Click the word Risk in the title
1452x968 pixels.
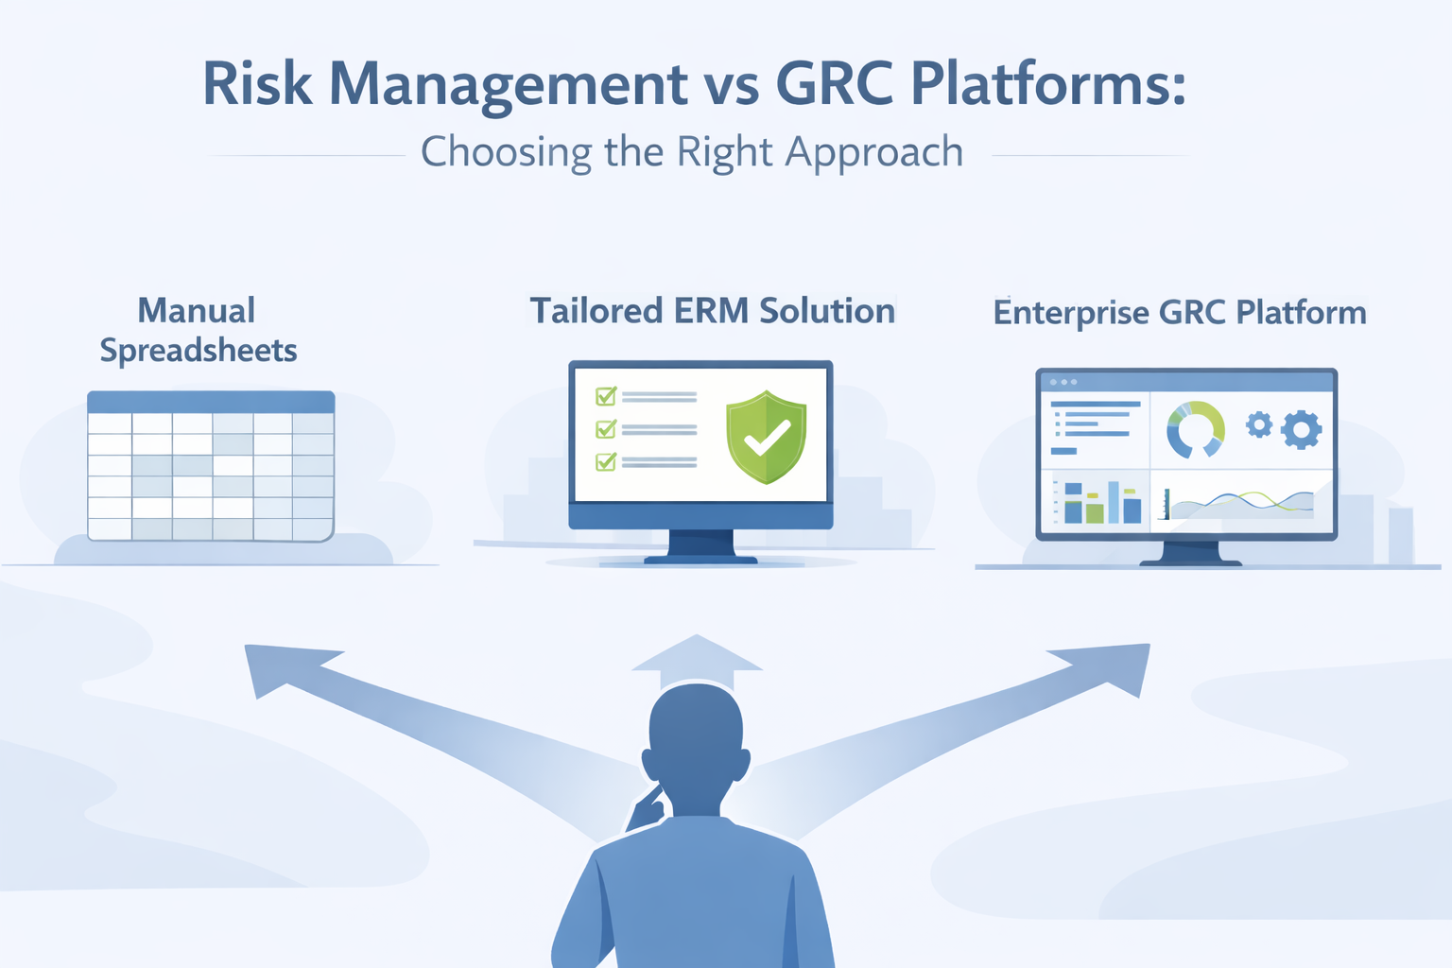pyautogui.click(x=257, y=84)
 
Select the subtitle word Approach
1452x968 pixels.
pyautogui.click(x=873, y=152)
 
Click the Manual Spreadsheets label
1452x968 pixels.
pyautogui.click(x=198, y=330)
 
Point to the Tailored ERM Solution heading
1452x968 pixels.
pyautogui.click(x=712, y=311)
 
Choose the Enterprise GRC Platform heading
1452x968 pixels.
pyautogui.click(x=1179, y=313)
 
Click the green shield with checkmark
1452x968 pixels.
pyautogui.click(x=766, y=437)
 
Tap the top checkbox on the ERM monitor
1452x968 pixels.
pyautogui.click(x=605, y=396)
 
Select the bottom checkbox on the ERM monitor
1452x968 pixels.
pyautogui.click(x=605, y=461)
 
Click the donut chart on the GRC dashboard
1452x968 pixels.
pyautogui.click(x=1195, y=429)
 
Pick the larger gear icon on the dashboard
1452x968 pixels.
pyautogui.click(x=1301, y=429)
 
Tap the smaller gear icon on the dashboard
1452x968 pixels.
pyautogui.click(x=1258, y=424)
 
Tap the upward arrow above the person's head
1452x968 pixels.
pyautogui.click(x=697, y=660)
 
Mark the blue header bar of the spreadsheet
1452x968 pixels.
pyautogui.click(x=211, y=402)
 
